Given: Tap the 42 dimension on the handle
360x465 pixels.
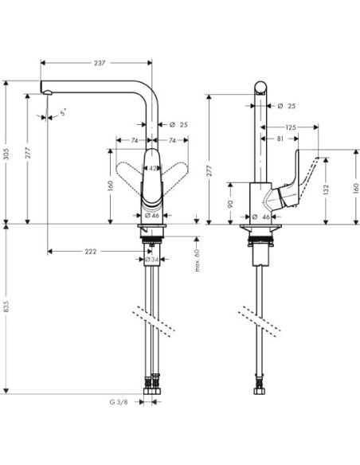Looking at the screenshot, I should (x=152, y=168).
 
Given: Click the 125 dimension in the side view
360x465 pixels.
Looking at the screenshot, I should (x=292, y=128).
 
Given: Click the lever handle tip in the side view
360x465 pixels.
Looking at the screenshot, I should (x=326, y=157).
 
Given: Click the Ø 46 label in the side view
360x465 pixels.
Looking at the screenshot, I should (x=261, y=217).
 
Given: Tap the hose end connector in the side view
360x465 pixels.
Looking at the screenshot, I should (x=260, y=391).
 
